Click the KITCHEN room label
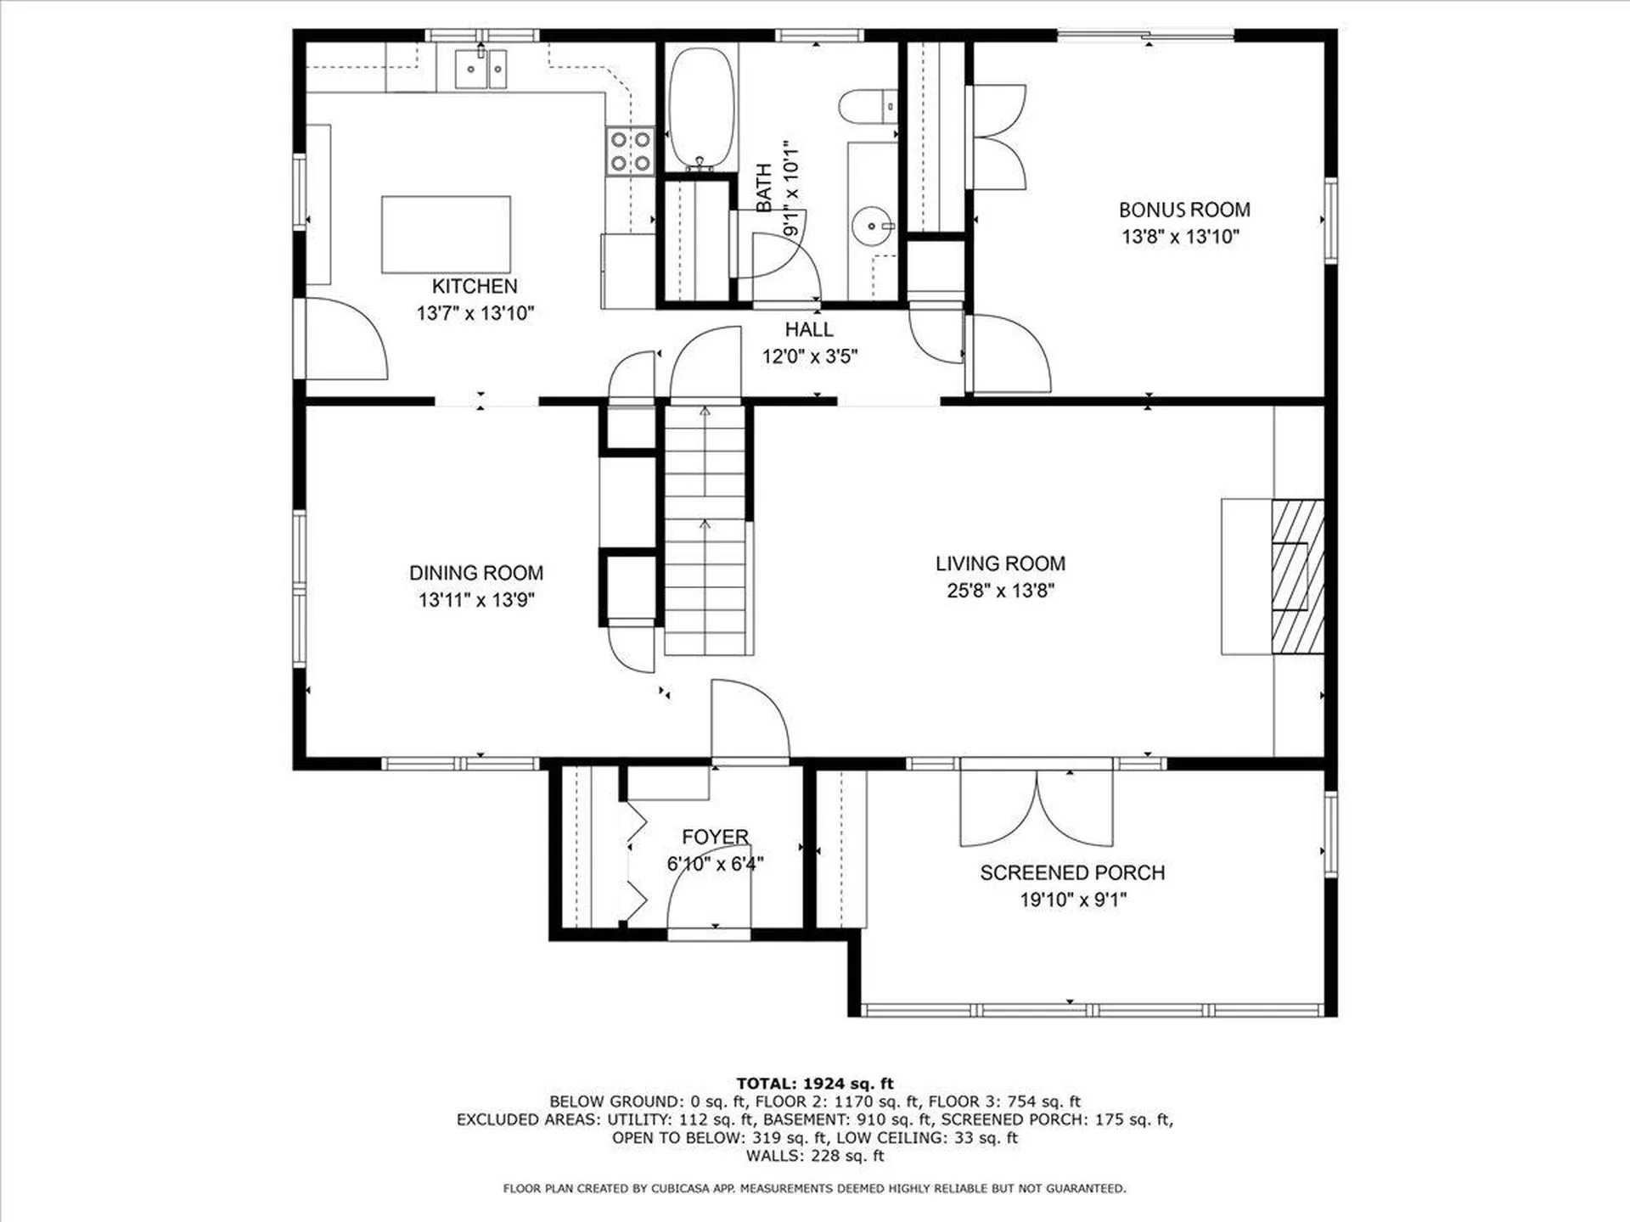[475, 287]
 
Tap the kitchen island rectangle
[446, 235]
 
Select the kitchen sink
[481, 69]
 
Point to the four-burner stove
[631, 151]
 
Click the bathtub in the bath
[701, 107]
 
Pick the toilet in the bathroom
[868, 106]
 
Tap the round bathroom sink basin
[871, 227]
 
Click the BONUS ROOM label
[1184, 210]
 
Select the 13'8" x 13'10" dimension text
[1180, 237]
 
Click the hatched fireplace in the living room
[1297, 576]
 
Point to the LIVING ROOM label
[1000, 563]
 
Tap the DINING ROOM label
[476, 573]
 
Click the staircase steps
[705, 530]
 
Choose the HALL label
[809, 329]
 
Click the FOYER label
[716, 837]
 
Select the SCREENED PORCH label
[1072, 872]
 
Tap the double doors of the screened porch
[1037, 807]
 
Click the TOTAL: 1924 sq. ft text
[814, 1084]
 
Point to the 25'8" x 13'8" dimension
[1000, 591]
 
